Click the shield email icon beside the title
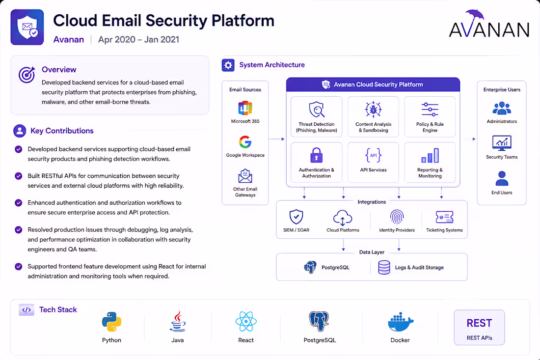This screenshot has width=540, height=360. click(27, 27)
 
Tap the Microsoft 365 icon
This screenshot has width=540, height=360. click(245, 108)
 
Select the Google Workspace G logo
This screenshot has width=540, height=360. click(245, 142)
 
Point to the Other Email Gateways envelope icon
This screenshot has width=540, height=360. click(245, 176)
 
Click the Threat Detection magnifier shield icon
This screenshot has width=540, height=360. click(317, 110)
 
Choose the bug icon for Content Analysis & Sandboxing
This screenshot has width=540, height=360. click(373, 110)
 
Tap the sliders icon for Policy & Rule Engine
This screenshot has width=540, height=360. click(430, 110)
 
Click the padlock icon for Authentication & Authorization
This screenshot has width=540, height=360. click(317, 155)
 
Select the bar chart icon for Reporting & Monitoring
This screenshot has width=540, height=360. click(430, 155)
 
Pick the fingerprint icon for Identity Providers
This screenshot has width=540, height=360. click(397, 217)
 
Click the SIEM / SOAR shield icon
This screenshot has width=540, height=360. click(296, 217)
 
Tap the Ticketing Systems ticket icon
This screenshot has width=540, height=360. click(444, 218)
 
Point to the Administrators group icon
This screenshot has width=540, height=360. click(502, 108)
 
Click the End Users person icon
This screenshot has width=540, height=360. click(502, 178)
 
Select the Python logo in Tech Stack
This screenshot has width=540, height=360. click(111, 322)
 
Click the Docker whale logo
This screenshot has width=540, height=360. click(400, 323)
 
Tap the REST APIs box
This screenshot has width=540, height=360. click(480, 327)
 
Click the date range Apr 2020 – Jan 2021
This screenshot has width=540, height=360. click(139, 40)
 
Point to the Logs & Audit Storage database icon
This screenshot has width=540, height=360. click(384, 267)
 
